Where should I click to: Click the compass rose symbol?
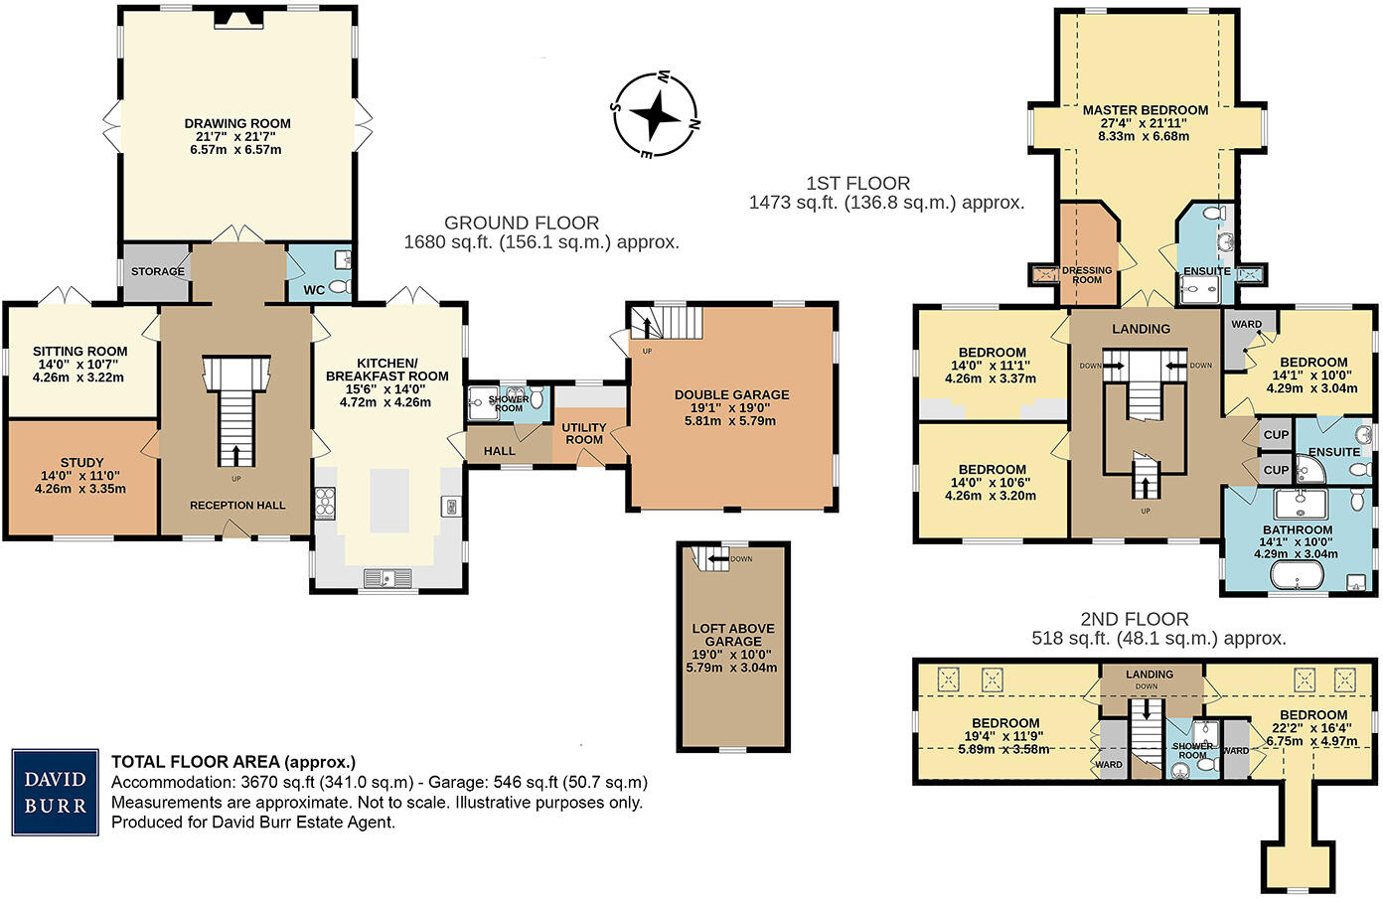(x=655, y=115)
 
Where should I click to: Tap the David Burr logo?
(x=56, y=792)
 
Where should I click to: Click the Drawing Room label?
(x=237, y=124)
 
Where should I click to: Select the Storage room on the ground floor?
(x=157, y=271)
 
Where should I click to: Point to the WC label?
(x=314, y=290)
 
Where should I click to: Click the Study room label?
(x=81, y=463)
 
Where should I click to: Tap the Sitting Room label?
(x=79, y=352)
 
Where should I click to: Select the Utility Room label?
(x=584, y=434)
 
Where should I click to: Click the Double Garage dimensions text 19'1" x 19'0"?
(x=731, y=407)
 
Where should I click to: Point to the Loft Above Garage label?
(x=733, y=635)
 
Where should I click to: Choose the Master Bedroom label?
(x=1145, y=110)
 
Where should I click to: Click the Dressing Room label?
(x=1087, y=275)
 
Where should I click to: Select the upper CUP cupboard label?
(x=1276, y=435)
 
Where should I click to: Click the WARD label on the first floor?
(x=1246, y=325)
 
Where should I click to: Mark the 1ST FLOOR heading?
(x=857, y=184)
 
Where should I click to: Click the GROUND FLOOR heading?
(x=522, y=224)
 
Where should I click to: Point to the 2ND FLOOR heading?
(x=1135, y=619)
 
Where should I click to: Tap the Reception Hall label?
(x=237, y=506)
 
